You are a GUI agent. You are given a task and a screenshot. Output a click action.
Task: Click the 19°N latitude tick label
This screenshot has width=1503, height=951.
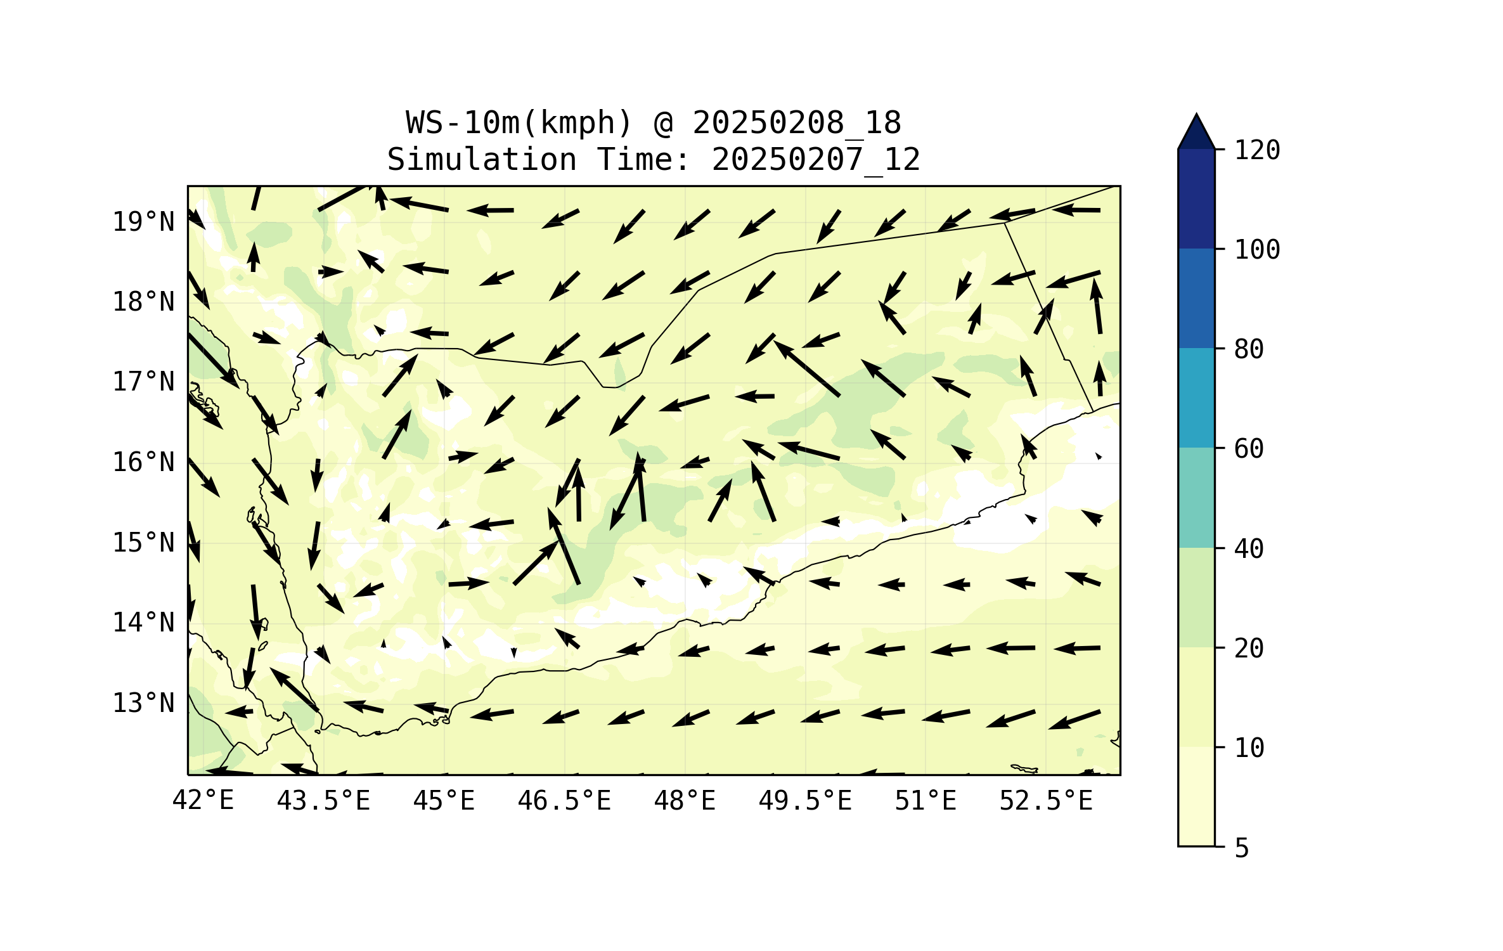click(x=143, y=222)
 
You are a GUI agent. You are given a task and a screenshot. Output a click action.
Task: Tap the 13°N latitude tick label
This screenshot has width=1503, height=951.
click(x=143, y=703)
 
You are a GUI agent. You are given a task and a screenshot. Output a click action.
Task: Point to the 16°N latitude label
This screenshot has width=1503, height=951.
click(x=143, y=462)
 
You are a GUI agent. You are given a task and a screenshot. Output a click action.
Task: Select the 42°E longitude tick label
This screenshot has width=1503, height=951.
click(x=203, y=801)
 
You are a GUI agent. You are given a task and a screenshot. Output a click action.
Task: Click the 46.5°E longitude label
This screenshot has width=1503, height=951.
click(x=564, y=801)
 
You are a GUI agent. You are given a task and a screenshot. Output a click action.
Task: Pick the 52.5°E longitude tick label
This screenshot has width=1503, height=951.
click(x=1046, y=801)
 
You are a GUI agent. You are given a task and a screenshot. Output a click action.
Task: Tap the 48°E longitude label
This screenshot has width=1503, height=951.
click(x=685, y=801)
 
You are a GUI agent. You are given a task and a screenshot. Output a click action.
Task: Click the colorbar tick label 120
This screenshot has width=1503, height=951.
click(x=1257, y=150)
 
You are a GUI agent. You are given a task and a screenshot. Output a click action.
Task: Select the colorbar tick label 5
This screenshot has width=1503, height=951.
click(x=1242, y=848)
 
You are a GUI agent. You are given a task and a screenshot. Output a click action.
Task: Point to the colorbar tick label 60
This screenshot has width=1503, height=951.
click(x=1249, y=449)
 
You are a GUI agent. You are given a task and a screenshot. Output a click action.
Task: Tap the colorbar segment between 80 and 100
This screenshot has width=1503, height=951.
click(x=1196, y=298)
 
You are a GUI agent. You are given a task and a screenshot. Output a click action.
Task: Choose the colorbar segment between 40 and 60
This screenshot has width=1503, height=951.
click(x=1196, y=498)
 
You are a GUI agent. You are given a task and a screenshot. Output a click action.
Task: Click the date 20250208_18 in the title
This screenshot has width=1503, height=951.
click(x=797, y=123)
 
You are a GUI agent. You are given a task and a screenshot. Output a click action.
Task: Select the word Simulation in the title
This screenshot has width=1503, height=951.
click(x=482, y=159)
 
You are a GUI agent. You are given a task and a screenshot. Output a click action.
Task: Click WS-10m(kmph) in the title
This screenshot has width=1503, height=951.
click(x=519, y=123)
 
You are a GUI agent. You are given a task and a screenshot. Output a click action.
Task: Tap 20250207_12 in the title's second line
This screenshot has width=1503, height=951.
click(x=816, y=159)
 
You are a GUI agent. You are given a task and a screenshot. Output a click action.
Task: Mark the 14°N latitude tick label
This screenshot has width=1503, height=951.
click(x=143, y=623)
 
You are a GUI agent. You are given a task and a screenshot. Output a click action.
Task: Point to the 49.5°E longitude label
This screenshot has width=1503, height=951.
click(x=805, y=801)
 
